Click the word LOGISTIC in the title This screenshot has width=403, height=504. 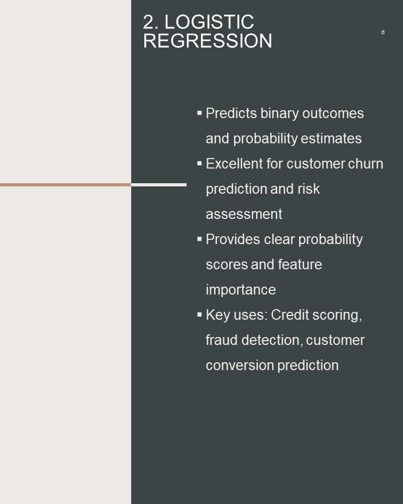tap(209, 22)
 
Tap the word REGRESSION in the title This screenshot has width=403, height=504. tap(208, 41)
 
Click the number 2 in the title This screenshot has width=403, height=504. tap(149, 22)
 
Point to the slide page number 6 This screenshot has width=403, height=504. tap(383, 32)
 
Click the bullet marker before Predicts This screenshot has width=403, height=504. tap(199, 113)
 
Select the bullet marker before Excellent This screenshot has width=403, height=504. tap(199, 163)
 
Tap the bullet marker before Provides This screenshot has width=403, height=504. tap(199, 239)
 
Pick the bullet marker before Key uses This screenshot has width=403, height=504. tap(199, 314)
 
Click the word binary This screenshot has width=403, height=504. tap(279, 114)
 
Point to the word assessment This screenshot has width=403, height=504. tap(244, 214)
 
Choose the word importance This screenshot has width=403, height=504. tap(241, 290)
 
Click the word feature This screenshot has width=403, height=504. tap(300, 264)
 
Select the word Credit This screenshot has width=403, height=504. tap(290, 314)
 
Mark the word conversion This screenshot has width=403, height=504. tap(239, 365)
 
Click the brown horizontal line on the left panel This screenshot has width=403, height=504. tap(66, 185)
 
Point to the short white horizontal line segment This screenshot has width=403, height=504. tap(159, 185)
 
